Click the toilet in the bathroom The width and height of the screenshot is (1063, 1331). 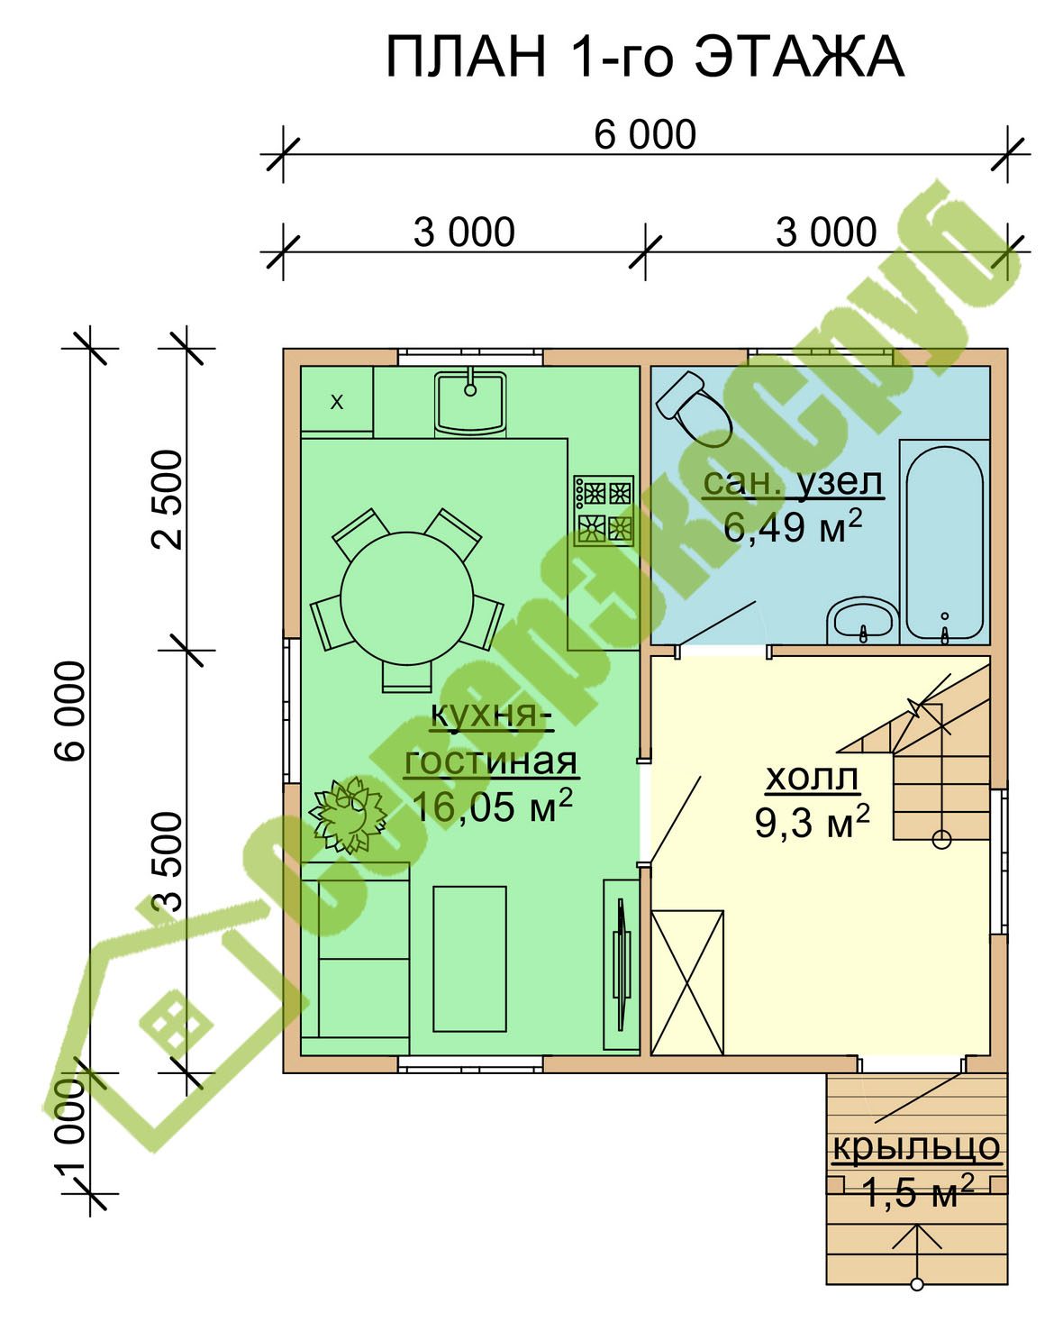pos(694,408)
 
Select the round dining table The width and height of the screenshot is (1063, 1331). pos(406,598)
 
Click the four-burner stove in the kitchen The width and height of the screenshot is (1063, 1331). pos(604,510)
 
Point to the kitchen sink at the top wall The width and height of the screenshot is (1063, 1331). pos(470,402)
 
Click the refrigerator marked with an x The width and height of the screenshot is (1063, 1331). pos(336,402)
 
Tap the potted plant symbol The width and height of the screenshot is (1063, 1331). pos(348,816)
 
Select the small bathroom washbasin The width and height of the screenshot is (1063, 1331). pos(862,620)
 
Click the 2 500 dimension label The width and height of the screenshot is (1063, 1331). pos(168,500)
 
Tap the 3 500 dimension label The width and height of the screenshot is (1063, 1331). pos(168,862)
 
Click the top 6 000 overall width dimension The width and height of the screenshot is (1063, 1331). pos(645,135)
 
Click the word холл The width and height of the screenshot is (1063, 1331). pos(812,778)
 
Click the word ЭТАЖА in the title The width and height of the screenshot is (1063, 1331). pos(799,57)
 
